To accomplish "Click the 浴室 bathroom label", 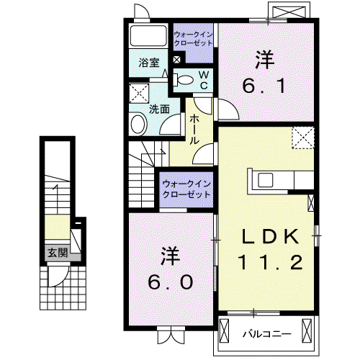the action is (149, 63).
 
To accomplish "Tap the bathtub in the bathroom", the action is (148, 35).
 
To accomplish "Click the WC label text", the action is (204, 80).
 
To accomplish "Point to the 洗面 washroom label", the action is (159, 109).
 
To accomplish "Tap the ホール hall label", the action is (194, 130).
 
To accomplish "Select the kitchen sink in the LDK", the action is (265, 180).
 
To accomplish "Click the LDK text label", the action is (271, 237).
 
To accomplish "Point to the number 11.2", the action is (270, 262).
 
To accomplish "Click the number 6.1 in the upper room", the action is (264, 86).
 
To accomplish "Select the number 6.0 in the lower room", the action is (170, 282).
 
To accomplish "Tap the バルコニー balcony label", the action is (267, 334).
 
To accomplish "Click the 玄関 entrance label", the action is (58, 253).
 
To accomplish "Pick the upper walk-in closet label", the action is (193, 39).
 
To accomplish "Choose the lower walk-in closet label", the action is (186, 189).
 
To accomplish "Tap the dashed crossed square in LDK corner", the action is (303, 138).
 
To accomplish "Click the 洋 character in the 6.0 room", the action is (171, 256).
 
